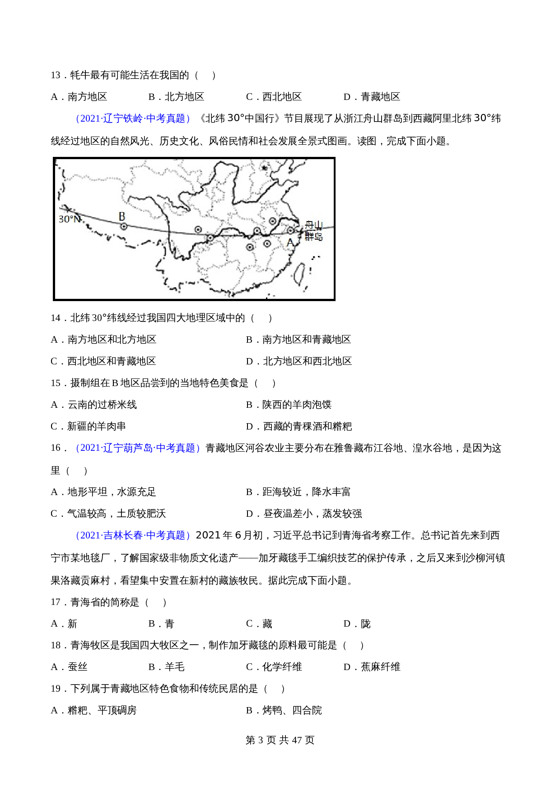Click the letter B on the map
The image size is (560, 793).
[x=122, y=217]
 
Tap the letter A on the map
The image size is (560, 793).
[x=290, y=243]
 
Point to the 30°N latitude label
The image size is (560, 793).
[x=70, y=219]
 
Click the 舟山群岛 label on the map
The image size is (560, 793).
[x=313, y=230]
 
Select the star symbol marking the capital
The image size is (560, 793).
[x=265, y=168]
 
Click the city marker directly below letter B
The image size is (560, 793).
[x=123, y=227]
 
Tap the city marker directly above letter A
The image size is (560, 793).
[x=290, y=231]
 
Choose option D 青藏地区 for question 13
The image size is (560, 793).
[x=372, y=97]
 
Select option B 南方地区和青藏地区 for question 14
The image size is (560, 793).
[x=299, y=340]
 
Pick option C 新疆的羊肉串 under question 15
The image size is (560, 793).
[x=89, y=426]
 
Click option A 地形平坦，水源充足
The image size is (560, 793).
[x=103, y=492]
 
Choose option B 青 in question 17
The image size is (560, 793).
[x=161, y=624]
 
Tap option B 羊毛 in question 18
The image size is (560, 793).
[x=166, y=667]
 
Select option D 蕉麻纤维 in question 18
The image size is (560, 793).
[x=372, y=667]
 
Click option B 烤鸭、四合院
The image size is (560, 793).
[x=284, y=710]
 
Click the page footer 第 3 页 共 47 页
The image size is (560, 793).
[x=280, y=740]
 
